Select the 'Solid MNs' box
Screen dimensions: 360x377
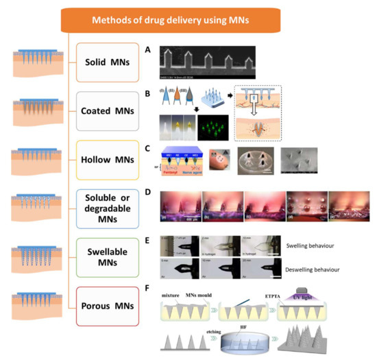pyautogui.click(x=114, y=60)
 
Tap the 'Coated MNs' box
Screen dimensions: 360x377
pyautogui.click(x=114, y=110)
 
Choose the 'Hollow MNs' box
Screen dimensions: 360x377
pyautogui.click(x=114, y=159)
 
